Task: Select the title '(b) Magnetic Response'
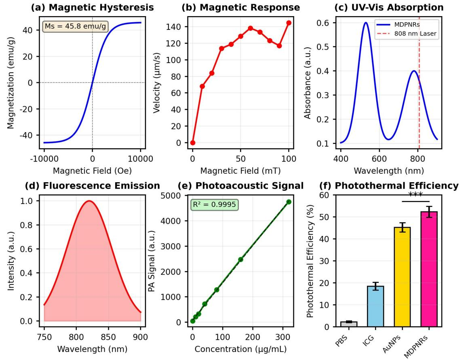click(241, 7)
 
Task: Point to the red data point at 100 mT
click(289, 23)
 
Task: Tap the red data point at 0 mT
click(193, 143)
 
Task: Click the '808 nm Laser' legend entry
click(415, 34)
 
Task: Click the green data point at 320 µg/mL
click(289, 202)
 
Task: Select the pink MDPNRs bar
click(429, 269)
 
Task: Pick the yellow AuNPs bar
click(402, 277)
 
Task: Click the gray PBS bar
click(349, 324)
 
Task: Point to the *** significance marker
click(415, 195)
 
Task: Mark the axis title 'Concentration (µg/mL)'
click(241, 349)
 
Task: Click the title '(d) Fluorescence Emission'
click(93, 186)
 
